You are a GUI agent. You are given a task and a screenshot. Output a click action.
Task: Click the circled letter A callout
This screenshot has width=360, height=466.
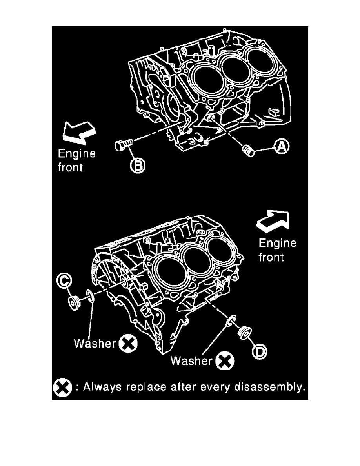[x=281, y=147]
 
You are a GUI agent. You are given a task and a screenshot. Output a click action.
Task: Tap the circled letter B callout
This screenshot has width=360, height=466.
[x=138, y=166]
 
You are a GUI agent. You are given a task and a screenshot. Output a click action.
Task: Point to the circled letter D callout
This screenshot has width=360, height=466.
[x=259, y=351]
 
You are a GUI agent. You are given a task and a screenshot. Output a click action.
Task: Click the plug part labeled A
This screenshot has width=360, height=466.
[x=249, y=150]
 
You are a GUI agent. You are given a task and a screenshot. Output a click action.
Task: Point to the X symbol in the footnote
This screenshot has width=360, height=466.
[x=62, y=388]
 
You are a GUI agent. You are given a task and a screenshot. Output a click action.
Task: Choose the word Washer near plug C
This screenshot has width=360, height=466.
[x=95, y=344]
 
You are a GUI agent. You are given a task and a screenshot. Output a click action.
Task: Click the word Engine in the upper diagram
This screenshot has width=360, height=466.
[x=76, y=153]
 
